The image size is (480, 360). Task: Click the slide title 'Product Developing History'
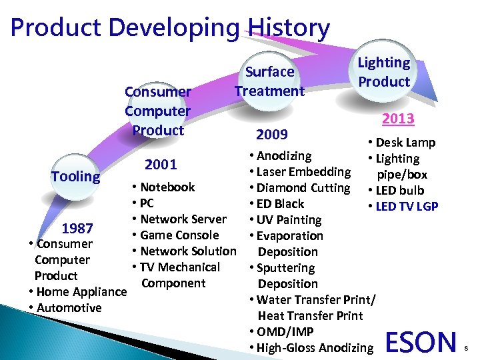[x=170, y=28]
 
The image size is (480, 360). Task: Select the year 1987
[x=77, y=229]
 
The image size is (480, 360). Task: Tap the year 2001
[x=161, y=165]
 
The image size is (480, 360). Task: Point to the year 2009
[x=272, y=135]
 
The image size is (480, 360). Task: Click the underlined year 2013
[x=398, y=119]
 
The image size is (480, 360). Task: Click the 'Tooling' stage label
[x=75, y=177]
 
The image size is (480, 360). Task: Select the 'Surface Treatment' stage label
[x=269, y=81]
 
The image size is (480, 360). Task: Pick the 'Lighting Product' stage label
[x=384, y=72]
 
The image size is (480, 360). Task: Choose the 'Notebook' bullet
[x=167, y=187]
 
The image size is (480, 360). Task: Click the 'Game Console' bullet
[x=179, y=235]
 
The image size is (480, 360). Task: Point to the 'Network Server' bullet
[x=183, y=219]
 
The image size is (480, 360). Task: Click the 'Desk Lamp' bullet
[x=405, y=143]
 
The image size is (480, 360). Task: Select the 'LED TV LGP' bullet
[x=407, y=207]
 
